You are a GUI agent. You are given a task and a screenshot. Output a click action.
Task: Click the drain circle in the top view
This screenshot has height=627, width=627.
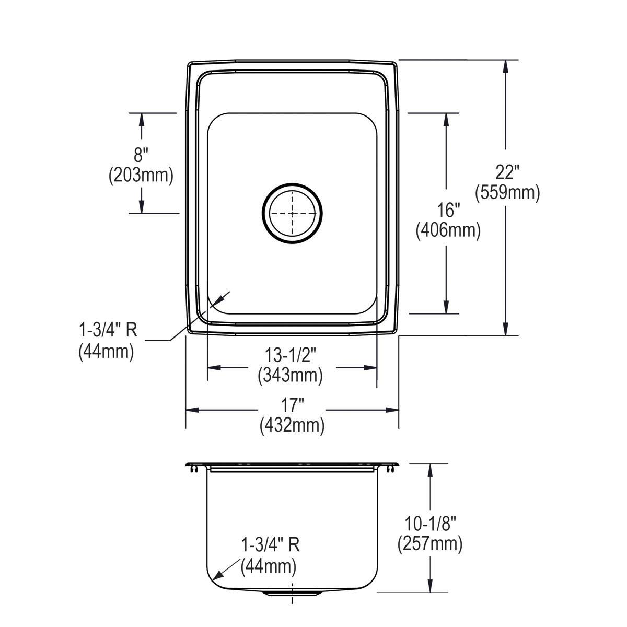coord(292,214)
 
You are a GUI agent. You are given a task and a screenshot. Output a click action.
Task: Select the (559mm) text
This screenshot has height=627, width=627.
coord(507,193)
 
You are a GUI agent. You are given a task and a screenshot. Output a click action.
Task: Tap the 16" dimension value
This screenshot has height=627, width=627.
coord(448,211)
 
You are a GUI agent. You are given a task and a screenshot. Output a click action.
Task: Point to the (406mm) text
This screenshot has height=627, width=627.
coord(448,230)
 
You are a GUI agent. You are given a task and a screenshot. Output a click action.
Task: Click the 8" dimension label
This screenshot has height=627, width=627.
coord(141,155)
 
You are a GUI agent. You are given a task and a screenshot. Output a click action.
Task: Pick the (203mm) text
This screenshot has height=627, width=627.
coord(141,175)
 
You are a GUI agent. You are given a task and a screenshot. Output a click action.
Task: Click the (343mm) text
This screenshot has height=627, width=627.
coord(291,375)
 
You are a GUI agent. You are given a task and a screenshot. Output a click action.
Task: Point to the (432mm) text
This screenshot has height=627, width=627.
coord(292,426)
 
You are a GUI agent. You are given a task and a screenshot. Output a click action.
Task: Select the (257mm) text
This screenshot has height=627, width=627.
coord(429,544)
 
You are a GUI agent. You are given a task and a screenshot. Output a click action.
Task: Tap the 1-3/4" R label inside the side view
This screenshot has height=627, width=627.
coord(270,545)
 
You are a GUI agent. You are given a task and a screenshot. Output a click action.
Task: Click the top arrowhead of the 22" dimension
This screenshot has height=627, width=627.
coord(505,65)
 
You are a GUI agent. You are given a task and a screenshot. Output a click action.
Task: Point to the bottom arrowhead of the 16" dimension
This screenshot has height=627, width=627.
coord(446,308)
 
